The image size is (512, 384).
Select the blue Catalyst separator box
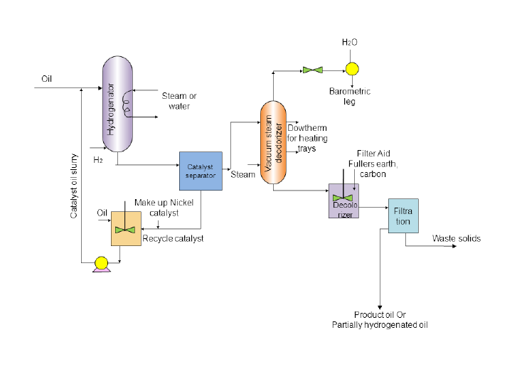[201, 171]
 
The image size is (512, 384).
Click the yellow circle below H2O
[351, 69]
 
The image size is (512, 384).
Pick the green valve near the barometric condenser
[312, 69]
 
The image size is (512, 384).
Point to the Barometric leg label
[350, 97]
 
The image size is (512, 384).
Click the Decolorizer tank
[343, 201]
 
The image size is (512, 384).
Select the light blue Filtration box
[403, 216]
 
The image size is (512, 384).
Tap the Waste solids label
[457, 239]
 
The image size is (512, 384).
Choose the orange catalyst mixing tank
[127, 228]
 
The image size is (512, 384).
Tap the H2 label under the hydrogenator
[99, 160]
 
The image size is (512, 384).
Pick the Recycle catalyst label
[174, 238]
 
